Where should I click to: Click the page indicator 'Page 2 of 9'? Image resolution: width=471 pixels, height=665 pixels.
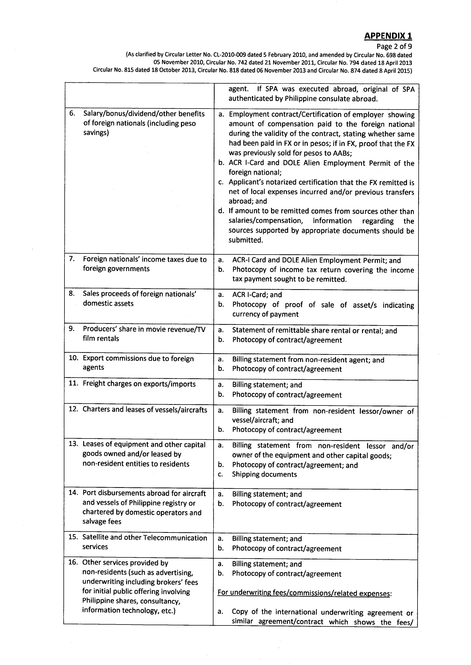pos(394,46)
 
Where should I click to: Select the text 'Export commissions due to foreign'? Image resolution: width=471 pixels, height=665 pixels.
pos(138,359)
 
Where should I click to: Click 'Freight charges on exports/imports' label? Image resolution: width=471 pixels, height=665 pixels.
pos(139,384)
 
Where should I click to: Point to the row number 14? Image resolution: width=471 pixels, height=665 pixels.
pos(73,493)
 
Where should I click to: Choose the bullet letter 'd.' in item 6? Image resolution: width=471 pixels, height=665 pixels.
pos(221,211)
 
